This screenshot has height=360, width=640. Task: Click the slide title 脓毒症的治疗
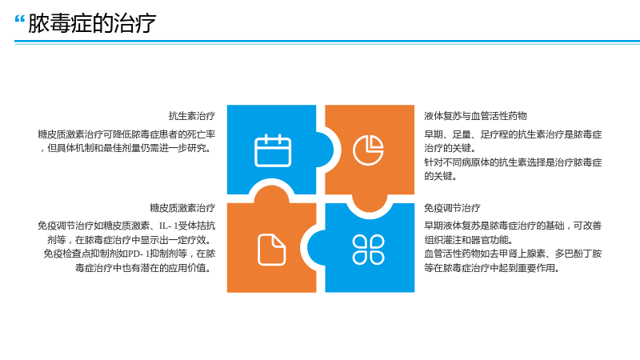tap(92, 23)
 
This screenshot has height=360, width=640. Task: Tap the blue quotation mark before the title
tap(19, 19)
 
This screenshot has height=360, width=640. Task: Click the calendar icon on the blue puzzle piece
tap(273, 150)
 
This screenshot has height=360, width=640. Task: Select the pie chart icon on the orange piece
tap(368, 150)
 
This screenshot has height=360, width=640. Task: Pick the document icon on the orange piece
tap(272, 250)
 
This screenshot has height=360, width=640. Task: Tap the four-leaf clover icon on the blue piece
tap(368, 250)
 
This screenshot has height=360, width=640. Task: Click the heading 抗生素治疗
tap(192, 116)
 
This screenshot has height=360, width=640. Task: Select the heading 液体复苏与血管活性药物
tap(475, 116)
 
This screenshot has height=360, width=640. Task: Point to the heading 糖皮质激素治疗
tap(182, 208)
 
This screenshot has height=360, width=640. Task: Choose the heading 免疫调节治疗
tap(452, 208)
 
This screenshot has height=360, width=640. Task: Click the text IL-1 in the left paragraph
tap(169, 226)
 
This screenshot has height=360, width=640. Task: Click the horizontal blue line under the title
tap(327, 42)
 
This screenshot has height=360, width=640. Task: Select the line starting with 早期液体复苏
tap(513, 226)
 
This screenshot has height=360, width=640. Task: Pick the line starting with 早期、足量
tap(513, 134)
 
